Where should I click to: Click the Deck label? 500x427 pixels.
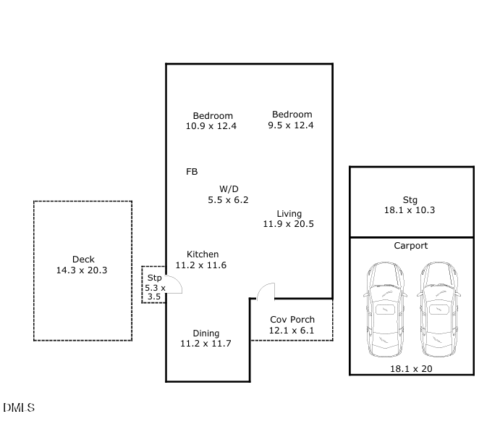click(x=83, y=260)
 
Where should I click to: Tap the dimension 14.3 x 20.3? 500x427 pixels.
click(x=82, y=270)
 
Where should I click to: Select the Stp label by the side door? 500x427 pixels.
click(x=154, y=278)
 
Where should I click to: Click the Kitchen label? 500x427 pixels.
click(x=203, y=254)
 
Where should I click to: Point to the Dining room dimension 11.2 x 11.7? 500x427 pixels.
click(x=205, y=344)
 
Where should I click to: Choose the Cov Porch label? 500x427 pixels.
click(x=292, y=320)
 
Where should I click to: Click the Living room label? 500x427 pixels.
click(x=289, y=214)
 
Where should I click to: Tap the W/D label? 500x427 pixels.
click(x=229, y=189)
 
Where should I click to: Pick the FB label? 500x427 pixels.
click(x=192, y=172)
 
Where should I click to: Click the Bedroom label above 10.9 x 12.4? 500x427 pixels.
click(x=213, y=115)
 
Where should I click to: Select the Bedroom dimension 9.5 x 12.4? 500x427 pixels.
click(x=290, y=125)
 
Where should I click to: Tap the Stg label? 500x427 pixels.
click(x=410, y=200)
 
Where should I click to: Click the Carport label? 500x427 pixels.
click(x=411, y=246)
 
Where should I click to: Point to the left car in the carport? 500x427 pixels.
click(x=385, y=309)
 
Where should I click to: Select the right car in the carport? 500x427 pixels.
click(x=438, y=309)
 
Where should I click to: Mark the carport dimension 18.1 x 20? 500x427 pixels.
click(x=411, y=369)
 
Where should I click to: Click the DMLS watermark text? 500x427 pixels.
click(x=19, y=408)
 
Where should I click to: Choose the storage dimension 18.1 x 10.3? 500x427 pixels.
click(x=410, y=210)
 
